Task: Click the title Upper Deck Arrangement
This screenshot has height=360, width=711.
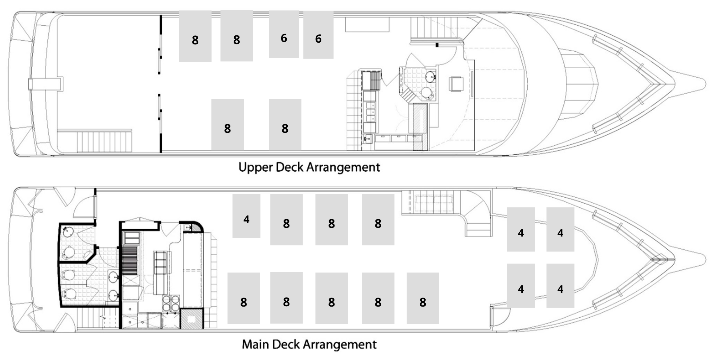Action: coord(309,167)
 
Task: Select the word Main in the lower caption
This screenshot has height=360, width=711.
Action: coord(255,344)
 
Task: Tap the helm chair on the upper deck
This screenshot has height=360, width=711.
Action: coord(456,84)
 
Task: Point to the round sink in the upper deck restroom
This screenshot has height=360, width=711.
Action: coord(430,76)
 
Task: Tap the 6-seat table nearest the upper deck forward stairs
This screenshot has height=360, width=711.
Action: coord(318,35)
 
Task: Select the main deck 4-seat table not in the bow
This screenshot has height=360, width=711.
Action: coord(246,216)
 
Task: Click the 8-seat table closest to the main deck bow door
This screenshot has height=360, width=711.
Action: coord(423,298)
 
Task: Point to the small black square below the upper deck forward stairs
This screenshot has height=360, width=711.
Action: coord(437,45)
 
